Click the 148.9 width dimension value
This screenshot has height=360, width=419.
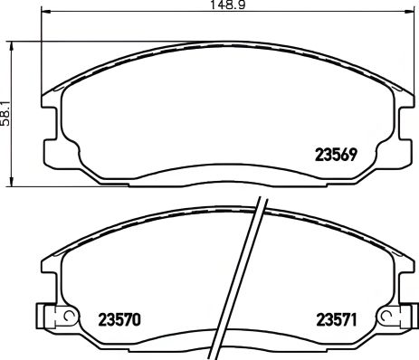(209, 5)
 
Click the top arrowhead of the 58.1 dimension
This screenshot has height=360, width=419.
(11, 44)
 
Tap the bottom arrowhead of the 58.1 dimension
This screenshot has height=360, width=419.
(11, 182)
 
